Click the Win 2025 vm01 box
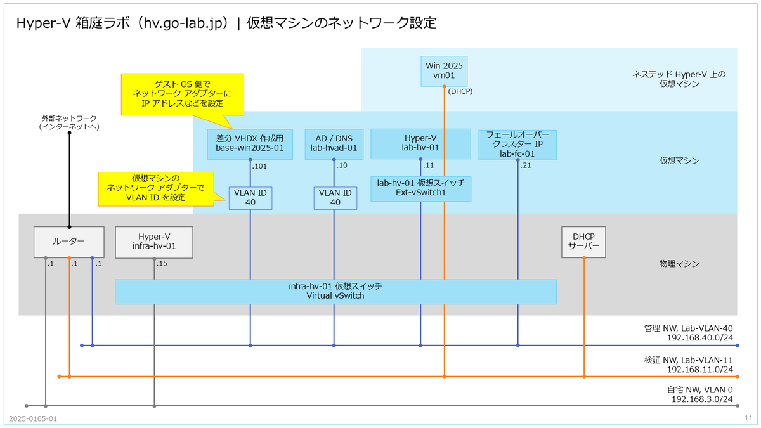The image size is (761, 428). tap(445, 70)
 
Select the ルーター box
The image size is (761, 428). tap(68, 242)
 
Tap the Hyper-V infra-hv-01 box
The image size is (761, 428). tap(153, 242)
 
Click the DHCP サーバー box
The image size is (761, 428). tap(583, 242)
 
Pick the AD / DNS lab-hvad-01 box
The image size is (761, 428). tap(334, 145)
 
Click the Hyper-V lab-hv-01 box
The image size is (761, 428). tap(421, 143)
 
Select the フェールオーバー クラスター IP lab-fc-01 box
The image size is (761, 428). tap(517, 144)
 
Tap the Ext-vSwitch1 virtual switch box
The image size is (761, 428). tap(421, 188)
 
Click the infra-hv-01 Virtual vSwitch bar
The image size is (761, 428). tap(335, 292)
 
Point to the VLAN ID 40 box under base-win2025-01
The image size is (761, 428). tap(250, 197)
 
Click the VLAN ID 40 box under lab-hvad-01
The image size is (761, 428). tap(335, 197)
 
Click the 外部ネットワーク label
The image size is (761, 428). tap(69, 122)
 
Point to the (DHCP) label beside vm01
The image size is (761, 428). tap(460, 91)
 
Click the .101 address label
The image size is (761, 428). tap(259, 167)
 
